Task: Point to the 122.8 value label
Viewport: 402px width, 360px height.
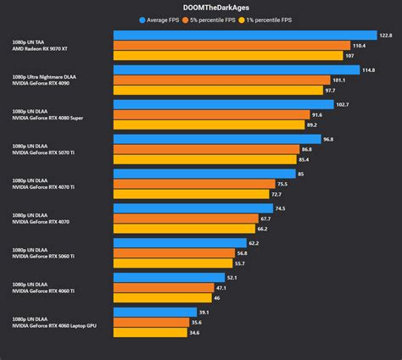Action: point(386,36)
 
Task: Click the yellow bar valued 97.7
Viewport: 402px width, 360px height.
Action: point(217,91)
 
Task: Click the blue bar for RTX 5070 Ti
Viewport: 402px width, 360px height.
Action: point(216,139)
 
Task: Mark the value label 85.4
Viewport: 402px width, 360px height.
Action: point(327,159)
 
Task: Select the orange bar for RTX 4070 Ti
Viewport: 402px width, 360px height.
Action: point(194,184)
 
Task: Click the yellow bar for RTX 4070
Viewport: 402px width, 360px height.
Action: point(184,229)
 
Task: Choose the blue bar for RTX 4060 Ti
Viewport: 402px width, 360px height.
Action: point(169,277)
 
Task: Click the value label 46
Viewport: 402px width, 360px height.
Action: point(218,298)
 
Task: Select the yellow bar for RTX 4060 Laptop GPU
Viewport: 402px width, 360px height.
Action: point(150,333)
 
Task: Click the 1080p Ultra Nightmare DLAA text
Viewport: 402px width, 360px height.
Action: point(49,76)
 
